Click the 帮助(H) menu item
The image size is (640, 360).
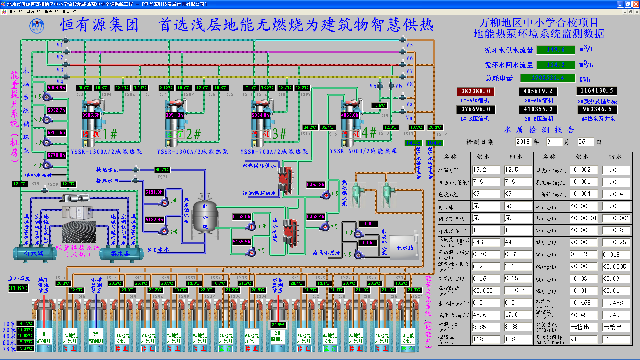pyautogui.click(x=69, y=12)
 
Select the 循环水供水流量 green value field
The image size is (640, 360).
pyautogui.click(x=556, y=50)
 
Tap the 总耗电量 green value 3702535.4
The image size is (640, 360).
pyautogui.click(x=548, y=78)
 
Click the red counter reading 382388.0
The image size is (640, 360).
pyautogui.click(x=475, y=91)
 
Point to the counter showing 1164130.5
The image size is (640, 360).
pyautogui.click(x=596, y=91)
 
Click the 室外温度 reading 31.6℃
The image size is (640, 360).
pyautogui.click(x=18, y=288)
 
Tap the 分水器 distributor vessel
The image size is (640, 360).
pyautogui.click(x=34, y=254)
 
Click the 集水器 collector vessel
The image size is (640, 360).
pyautogui.click(x=120, y=254)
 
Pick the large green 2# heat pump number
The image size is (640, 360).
pyautogui.click(x=193, y=134)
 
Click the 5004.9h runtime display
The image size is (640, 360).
pyautogui.click(x=56, y=88)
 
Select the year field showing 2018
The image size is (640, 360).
pyautogui.click(x=523, y=142)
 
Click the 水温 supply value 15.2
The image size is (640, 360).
pyautogui.click(x=486, y=170)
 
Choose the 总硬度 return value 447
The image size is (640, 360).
pyautogui.click(x=517, y=242)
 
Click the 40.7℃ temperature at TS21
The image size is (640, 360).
pyautogui.click(x=162, y=170)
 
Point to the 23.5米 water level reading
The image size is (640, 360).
pyautogui.click(x=278, y=325)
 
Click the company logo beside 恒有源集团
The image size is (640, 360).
pyautogui.click(x=37, y=26)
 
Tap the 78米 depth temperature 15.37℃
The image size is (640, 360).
pyautogui.click(x=25, y=349)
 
